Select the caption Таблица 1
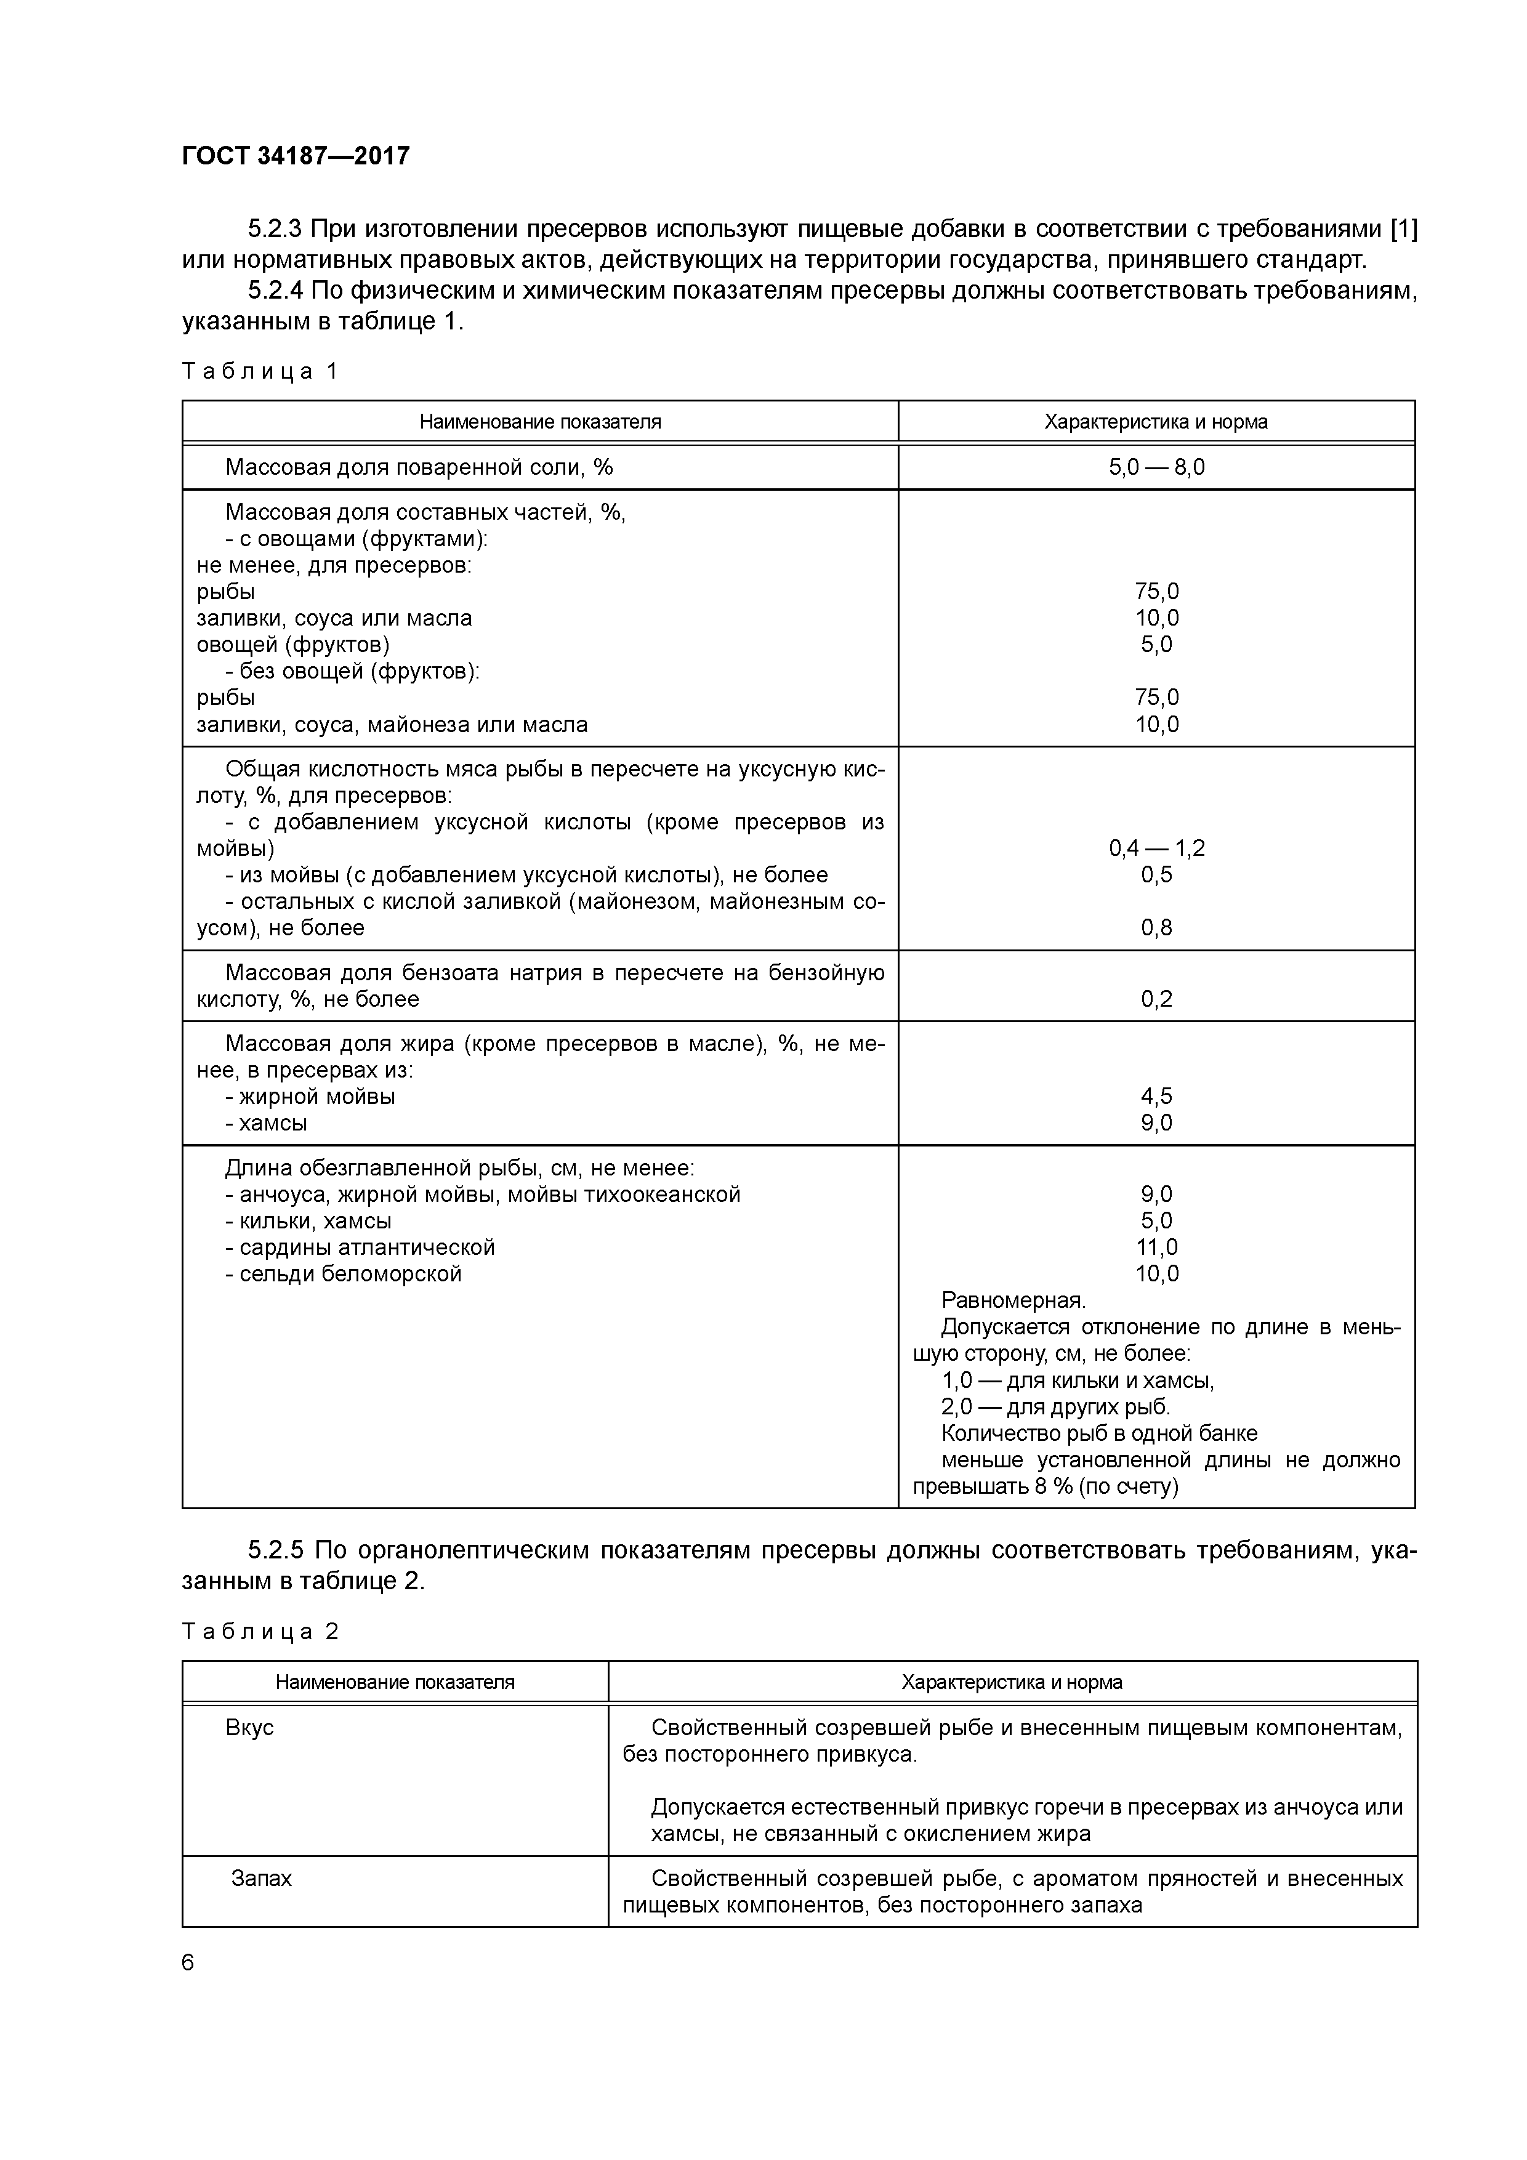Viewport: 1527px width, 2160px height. [x=259, y=372]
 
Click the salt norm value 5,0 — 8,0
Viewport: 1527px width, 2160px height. [x=1156, y=467]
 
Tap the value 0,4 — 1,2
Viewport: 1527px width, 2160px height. [x=1156, y=848]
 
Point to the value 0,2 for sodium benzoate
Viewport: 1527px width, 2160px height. [x=1156, y=999]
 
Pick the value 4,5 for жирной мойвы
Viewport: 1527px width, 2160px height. [x=1156, y=1096]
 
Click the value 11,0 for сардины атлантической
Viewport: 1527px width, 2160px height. [x=1156, y=1247]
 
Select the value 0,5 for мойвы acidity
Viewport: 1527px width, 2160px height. [x=1156, y=875]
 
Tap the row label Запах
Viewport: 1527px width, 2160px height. [x=262, y=1879]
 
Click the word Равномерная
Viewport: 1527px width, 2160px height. [x=1013, y=1301]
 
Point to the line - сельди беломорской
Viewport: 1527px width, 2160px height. [x=344, y=1274]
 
